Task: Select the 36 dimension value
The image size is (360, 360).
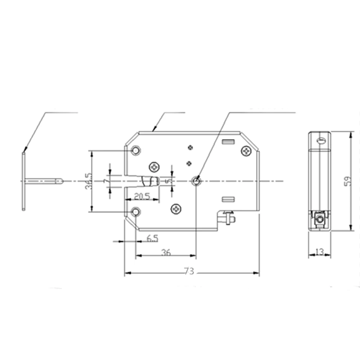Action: tap(166, 252)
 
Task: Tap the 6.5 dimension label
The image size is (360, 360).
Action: tap(152, 238)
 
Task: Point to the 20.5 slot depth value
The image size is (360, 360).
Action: tap(142, 197)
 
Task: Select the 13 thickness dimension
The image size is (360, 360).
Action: tap(319, 252)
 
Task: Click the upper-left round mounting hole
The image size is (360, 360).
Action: tap(135, 150)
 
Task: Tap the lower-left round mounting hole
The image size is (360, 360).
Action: tap(135, 212)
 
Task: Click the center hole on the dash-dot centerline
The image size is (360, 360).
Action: tap(196, 181)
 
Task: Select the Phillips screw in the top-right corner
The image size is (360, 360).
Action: tap(246, 151)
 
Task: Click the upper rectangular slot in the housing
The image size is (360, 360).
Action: tap(228, 142)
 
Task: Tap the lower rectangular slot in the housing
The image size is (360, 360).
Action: tap(228, 199)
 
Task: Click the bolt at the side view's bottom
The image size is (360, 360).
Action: tap(319, 218)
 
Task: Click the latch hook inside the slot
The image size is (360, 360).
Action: tap(150, 181)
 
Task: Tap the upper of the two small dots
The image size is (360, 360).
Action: tap(190, 147)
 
